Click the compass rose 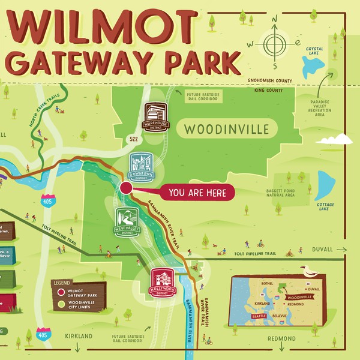click(275, 44)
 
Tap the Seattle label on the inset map click(259, 316)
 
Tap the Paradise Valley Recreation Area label click(326, 110)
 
